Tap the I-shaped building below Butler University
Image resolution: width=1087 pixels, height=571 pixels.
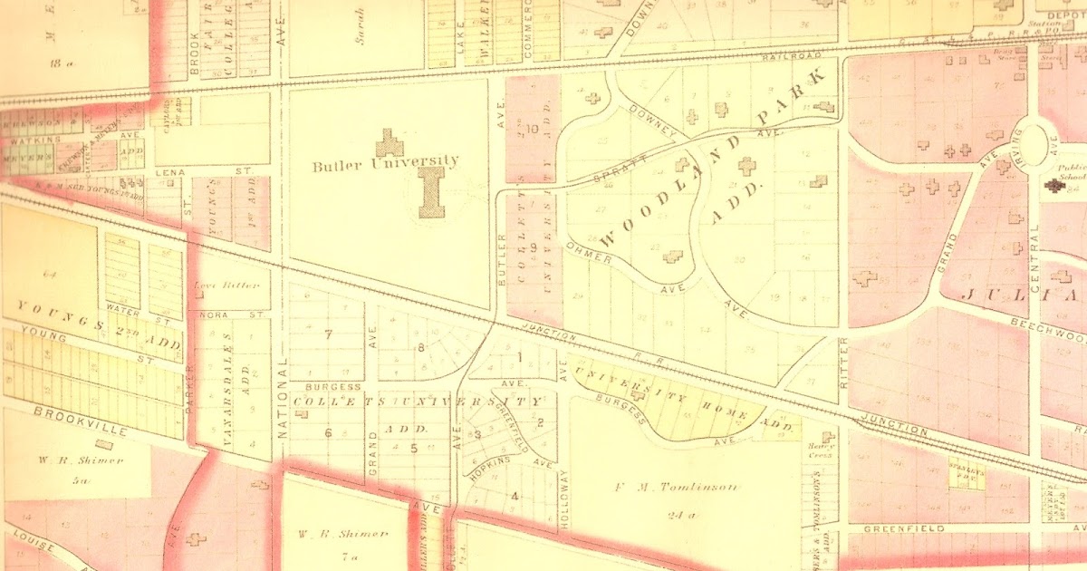[x=430, y=191]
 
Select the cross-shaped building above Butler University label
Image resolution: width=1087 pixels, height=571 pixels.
[x=390, y=142]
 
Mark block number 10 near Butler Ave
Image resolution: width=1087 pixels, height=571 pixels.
[x=532, y=129]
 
